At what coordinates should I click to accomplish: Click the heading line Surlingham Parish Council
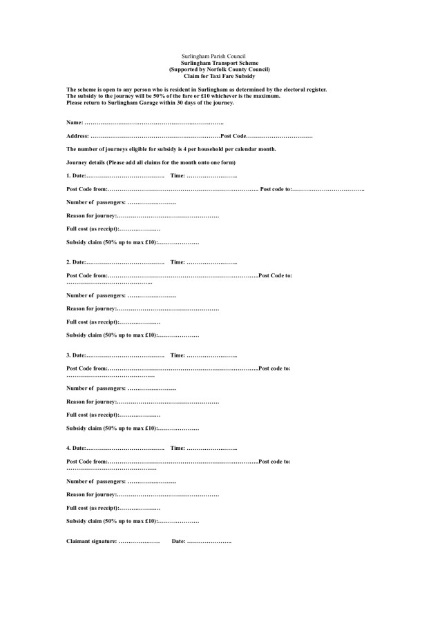[x=218, y=55]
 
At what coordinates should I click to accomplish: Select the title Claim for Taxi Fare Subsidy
[x=218, y=75]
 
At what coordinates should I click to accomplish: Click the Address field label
[x=78, y=136]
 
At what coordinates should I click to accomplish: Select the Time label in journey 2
[x=178, y=262]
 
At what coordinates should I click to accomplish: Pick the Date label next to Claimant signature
[x=178, y=540]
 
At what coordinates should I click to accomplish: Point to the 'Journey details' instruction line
[x=151, y=162]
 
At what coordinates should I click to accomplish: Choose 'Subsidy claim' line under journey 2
[x=111, y=335]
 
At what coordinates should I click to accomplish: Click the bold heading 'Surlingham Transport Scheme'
[x=218, y=62]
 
